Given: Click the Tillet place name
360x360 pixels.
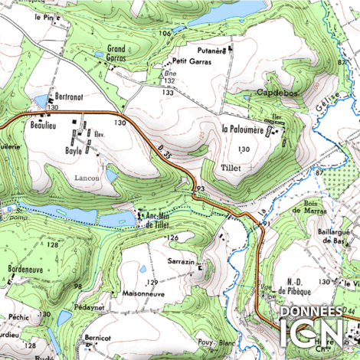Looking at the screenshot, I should (231, 165).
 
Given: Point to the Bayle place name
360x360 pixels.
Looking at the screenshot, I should (74, 152).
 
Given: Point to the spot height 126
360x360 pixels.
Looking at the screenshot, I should (173, 238).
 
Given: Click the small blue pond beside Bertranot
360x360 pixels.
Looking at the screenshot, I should (41, 100).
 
